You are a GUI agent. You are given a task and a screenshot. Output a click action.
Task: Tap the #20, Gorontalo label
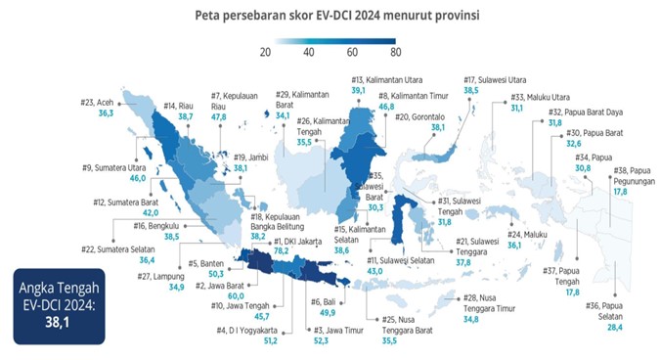click(x=429, y=116)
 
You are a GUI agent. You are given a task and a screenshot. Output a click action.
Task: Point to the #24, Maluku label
click(x=532, y=234)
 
